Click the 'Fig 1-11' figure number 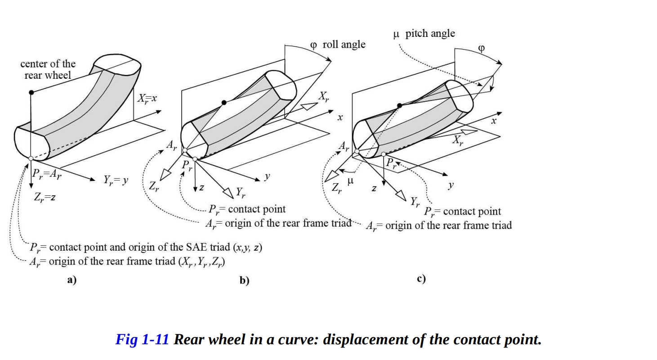(142, 339)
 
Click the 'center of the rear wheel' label (48, 69)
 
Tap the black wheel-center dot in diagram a (31, 92)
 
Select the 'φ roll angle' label (338, 45)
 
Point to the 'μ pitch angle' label (424, 34)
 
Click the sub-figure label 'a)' (72, 280)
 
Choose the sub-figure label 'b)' (244, 281)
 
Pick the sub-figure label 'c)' (421, 279)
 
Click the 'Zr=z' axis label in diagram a (45, 197)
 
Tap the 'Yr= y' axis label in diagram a (116, 180)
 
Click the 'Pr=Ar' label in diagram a (46, 174)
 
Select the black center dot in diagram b (224, 103)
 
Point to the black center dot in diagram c (399, 105)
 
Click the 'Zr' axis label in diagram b (154, 186)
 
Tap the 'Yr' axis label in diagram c (415, 202)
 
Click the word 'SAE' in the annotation (197, 247)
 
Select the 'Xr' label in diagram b (324, 96)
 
